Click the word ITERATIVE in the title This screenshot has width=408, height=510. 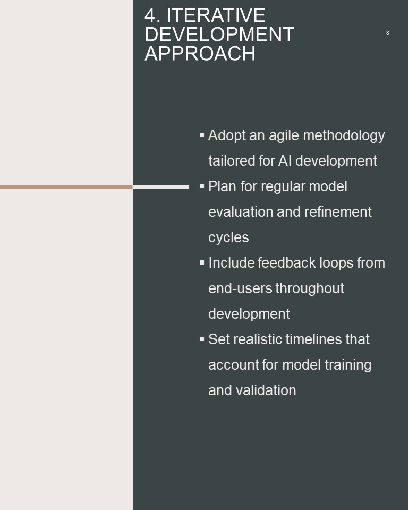[x=216, y=15]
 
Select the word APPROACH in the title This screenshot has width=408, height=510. [x=200, y=53]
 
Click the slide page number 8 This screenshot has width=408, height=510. [x=387, y=32]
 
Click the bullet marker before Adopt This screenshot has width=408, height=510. [x=202, y=134]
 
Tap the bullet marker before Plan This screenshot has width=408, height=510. [x=202, y=186]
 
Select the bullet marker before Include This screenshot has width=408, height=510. [x=202, y=262]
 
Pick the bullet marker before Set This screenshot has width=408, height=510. [x=202, y=339]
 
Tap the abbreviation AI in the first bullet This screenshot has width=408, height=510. [x=285, y=160]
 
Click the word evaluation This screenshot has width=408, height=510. [x=241, y=212]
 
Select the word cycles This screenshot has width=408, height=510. [x=228, y=238]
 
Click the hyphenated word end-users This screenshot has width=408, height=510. [x=240, y=288]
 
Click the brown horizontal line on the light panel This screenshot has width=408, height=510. [x=66, y=187]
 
